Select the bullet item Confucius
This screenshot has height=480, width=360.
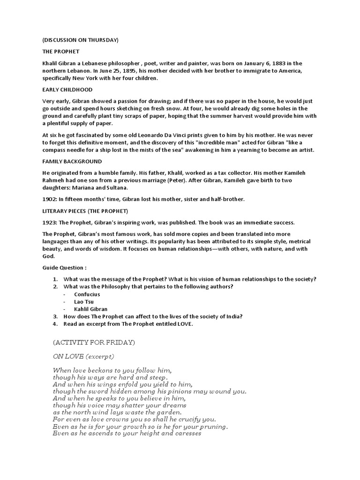(x=87, y=294)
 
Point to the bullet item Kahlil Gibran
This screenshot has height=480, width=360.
(x=90, y=309)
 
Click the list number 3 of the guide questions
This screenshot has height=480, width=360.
(x=55, y=316)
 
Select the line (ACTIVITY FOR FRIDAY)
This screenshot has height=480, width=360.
(x=94, y=343)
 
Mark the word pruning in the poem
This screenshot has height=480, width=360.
(x=214, y=427)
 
